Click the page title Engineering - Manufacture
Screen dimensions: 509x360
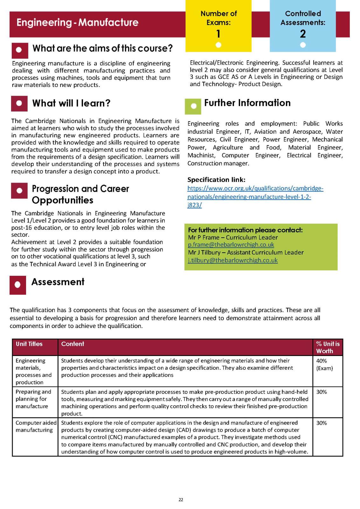(77, 23)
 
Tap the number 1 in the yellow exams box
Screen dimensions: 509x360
(218, 34)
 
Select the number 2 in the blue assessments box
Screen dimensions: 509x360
(303, 34)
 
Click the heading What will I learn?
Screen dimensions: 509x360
(71, 103)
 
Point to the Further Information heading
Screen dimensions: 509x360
(247, 103)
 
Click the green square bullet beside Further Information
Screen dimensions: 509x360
(193, 106)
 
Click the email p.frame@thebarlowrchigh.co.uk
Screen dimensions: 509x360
(231, 245)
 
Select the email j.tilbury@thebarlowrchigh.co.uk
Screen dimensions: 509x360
(232, 260)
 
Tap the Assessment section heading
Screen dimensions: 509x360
(58, 282)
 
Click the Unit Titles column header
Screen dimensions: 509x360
(29, 344)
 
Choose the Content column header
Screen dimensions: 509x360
(73, 344)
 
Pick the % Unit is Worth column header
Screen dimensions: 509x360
(328, 347)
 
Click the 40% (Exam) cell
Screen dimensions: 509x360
(324, 365)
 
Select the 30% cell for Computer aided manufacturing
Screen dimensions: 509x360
(322, 423)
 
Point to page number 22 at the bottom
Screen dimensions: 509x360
(181, 500)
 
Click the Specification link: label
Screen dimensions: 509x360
(216, 179)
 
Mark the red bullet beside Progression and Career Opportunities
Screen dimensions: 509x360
(19, 191)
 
